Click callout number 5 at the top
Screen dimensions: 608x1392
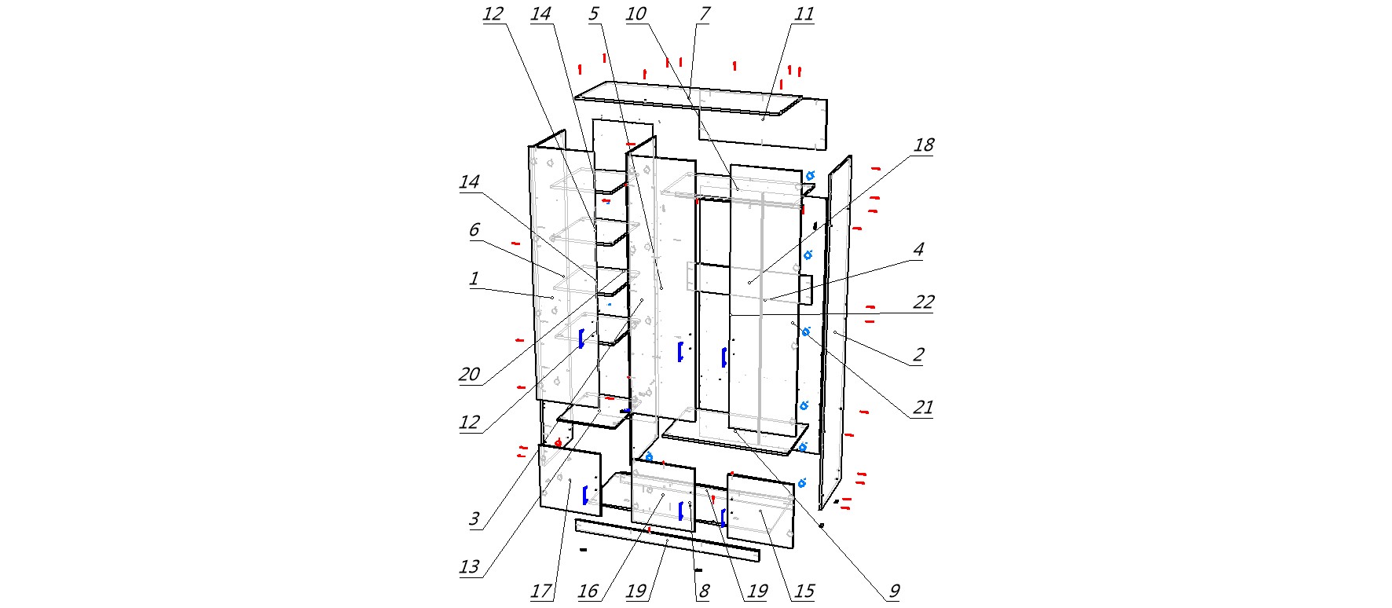pyautogui.click(x=593, y=14)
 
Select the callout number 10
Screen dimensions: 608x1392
pyautogui.click(x=636, y=14)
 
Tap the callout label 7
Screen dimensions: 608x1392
pyautogui.click(x=704, y=14)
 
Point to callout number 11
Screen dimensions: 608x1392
pyautogui.click(x=804, y=14)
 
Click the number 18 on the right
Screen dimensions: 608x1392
pyautogui.click(x=923, y=145)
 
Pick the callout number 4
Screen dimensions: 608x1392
pyautogui.click(x=918, y=250)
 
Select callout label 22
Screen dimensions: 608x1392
pyautogui.click(x=923, y=302)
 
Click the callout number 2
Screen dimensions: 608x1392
pyautogui.click(x=918, y=355)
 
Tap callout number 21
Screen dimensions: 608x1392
pyautogui.click(x=922, y=408)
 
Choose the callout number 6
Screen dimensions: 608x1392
pyautogui.click(x=474, y=230)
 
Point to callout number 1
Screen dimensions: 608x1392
pyautogui.click(x=474, y=279)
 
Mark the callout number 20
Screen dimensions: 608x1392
pyautogui.click(x=469, y=375)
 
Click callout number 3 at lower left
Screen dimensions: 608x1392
pyautogui.click(x=474, y=518)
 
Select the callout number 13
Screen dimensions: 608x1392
pyautogui.click(x=469, y=567)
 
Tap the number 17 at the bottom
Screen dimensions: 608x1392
pyautogui.click(x=541, y=592)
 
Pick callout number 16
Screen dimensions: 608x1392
pyautogui.click(x=588, y=592)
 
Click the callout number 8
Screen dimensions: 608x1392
pyautogui.click(x=703, y=592)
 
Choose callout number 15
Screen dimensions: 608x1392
pyautogui.click(x=804, y=592)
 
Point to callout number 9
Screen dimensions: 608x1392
pyautogui.click(x=894, y=592)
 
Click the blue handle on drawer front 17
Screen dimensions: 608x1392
pyautogui.click(x=585, y=495)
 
